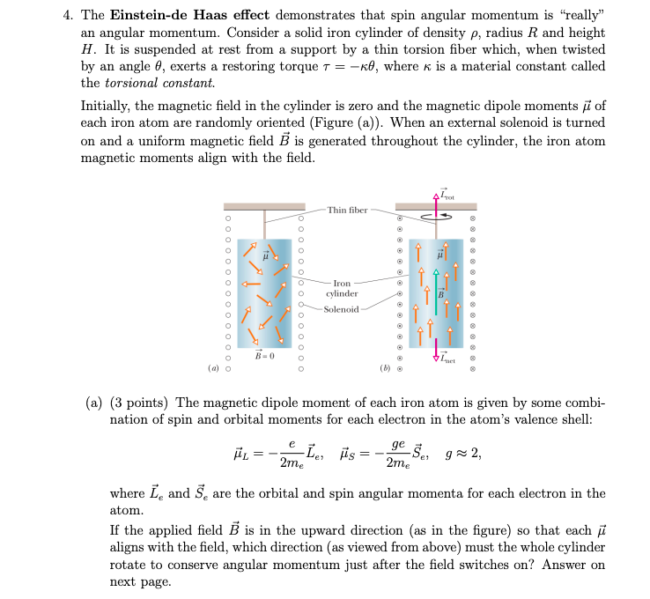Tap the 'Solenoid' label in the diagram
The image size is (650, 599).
(340, 309)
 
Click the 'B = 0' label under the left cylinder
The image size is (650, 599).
(264, 356)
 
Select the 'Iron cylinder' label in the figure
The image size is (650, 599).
(342, 289)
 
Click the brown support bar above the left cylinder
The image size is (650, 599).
(264, 207)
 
